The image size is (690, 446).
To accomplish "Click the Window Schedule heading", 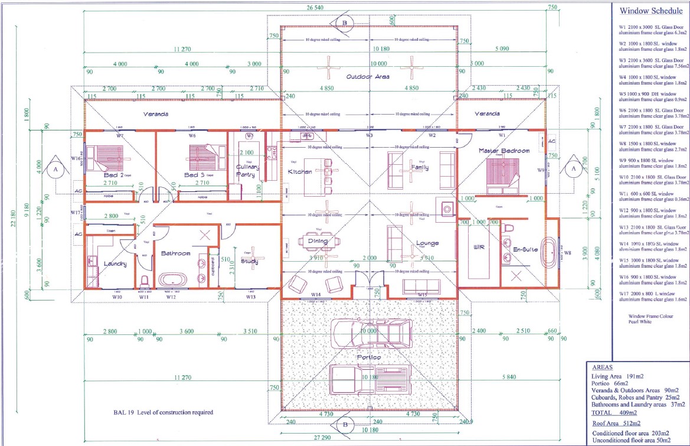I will tap(649, 10).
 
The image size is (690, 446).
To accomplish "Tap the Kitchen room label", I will tap(299, 171).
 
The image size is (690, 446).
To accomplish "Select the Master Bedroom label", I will tap(503, 151).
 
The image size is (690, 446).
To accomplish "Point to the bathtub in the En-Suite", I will tap(551, 254).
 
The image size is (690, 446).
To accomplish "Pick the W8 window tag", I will tap(567, 253).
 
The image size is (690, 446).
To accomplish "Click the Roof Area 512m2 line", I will tap(617, 423).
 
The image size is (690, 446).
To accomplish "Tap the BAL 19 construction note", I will tap(163, 412).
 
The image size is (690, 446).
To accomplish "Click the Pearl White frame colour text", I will tap(642, 323).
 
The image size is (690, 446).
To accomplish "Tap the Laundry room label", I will tap(115, 264).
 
